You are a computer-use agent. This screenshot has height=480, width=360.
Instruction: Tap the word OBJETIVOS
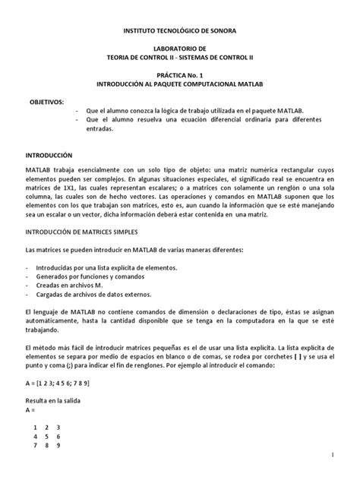pyautogui.click(x=47, y=101)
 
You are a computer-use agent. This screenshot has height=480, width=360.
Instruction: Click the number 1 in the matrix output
pyautogui.click(x=35, y=428)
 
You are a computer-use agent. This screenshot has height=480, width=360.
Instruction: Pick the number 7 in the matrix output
pyautogui.click(x=35, y=446)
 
